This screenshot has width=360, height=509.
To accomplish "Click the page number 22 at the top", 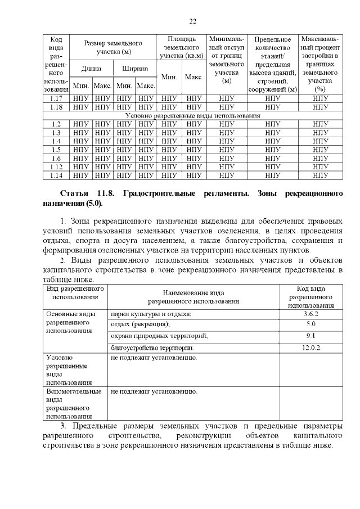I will (x=192, y=21).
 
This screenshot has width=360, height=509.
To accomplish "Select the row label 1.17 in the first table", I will (x=56, y=98).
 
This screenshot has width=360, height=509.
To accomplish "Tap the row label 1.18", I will (x=56, y=107).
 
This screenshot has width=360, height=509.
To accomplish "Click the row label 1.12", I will (x=56, y=167).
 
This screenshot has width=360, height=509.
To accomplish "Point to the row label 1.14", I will (x=56, y=176).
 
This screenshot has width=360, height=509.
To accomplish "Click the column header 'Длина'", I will (x=91, y=69).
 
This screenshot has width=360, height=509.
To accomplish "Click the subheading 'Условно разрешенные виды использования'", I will (x=193, y=115).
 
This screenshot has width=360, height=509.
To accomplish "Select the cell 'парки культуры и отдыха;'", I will (x=151, y=314).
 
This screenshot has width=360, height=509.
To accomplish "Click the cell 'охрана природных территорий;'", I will (x=159, y=336).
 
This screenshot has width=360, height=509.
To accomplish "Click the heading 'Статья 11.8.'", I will (x=87, y=193).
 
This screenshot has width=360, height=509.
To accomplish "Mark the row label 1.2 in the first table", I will (x=56, y=124).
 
